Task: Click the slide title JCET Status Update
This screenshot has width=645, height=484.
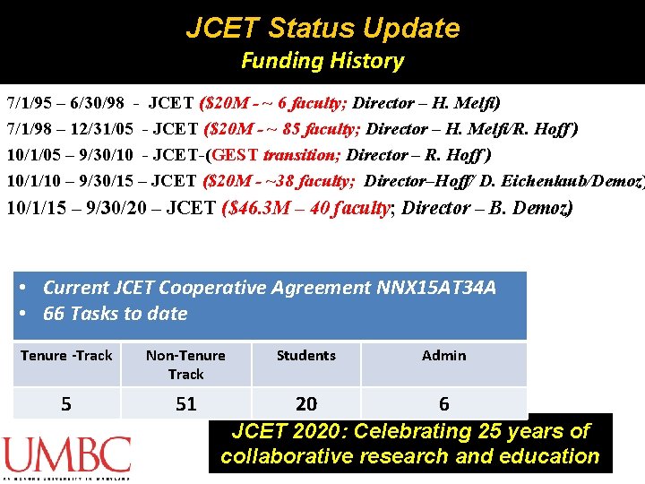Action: pos(322,28)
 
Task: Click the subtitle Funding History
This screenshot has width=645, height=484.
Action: pos(322,61)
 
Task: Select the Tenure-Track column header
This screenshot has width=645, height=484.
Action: pos(66,356)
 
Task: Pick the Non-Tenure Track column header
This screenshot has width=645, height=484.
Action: pos(185,365)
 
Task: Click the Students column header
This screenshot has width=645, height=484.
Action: pos(306,356)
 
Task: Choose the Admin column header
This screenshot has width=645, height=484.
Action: pos(444,356)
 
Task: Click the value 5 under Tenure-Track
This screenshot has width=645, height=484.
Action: pos(66,404)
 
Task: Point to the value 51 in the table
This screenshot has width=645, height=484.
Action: pos(185,404)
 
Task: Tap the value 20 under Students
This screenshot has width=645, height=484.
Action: pos(306,404)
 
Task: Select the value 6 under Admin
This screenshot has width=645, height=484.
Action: pos(444,404)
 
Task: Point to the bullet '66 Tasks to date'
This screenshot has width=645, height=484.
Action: pos(116,314)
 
